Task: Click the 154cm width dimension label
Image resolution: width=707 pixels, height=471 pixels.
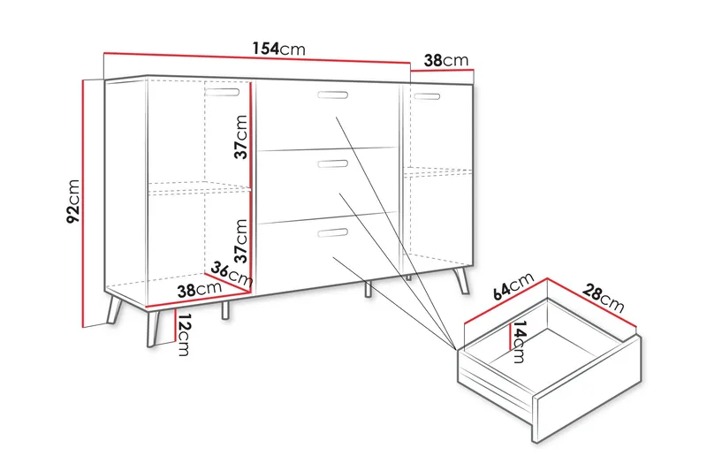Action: pyautogui.click(x=278, y=49)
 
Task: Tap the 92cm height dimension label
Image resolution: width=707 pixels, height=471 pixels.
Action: pyautogui.click(x=73, y=201)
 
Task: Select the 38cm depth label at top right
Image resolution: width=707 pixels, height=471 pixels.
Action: pyautogui.click(x=446, y=60)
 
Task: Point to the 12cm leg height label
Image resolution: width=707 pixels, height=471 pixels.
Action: pyautogui.click(x=183, y=334)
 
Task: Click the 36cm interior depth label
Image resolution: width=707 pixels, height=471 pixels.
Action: pyautogui.click(x=232, y=274)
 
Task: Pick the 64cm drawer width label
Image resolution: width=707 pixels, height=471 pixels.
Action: pyautogui.click(x=513, y=285)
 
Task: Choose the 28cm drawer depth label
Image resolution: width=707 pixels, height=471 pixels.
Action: pyautogui.click(x=603, y=298)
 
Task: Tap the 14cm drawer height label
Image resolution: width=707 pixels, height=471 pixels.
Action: pyautogui.click(x=520, y=342)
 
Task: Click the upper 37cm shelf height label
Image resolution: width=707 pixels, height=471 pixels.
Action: pyautogui.click(x=241, y=137)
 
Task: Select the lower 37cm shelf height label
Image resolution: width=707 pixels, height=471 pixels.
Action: pyautogui.click(x=241, y=240)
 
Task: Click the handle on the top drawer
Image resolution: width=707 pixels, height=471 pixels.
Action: pyautogui.click(x=333, y=95)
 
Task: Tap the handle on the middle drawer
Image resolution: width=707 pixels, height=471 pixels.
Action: pyautogui.click(x=333, y=163)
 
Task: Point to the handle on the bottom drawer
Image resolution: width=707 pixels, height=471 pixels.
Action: pyautogui.click(x=333, y=232)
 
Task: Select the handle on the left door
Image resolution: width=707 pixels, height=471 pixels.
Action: pyautogui.click(x=223, y=92)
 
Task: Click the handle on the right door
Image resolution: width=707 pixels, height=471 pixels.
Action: pyautogui.click(x=426, y=96)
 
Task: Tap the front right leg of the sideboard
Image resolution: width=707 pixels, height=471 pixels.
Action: pyautogui.click(x=461, y=279)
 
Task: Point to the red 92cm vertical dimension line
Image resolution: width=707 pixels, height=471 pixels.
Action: pyautogui.click(x=83, y=204)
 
